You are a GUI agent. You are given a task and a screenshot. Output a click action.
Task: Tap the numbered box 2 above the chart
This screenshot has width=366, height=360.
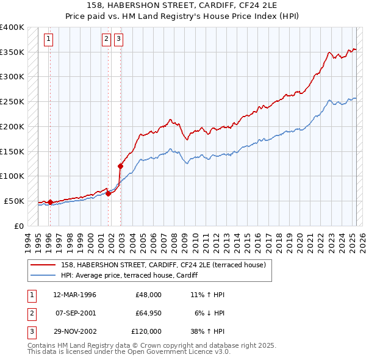click(x=106, y=39)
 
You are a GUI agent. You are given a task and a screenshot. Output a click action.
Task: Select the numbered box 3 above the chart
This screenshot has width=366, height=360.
click(x=118, y=39)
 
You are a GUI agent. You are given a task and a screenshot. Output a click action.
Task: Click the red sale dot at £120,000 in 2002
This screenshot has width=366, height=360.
click(x=120, y=166)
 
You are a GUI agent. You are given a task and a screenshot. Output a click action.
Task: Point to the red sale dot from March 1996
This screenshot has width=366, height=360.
click(x=50, y=201)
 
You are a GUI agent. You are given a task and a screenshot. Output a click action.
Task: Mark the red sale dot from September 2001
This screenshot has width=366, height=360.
click(x=108, y=193)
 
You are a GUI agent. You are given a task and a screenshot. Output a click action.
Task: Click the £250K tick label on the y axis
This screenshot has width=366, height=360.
click(x=12, y=102)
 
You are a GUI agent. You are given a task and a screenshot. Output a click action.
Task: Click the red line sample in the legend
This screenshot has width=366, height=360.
click(x=43, y=265)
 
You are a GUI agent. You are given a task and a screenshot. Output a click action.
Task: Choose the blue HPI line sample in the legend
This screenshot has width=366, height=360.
click(x=43, y=276)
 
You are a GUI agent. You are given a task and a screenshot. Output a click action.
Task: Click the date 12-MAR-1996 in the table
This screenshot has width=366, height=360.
click(x=75, y=295)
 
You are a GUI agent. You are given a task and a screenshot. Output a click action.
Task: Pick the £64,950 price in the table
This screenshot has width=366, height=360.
click(x=147, y=313)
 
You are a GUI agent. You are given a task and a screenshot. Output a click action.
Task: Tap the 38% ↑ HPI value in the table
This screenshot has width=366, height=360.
click(x=207, y=331)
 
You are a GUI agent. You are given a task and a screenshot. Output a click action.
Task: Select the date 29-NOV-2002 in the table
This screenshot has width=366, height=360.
click(x=75, y=331)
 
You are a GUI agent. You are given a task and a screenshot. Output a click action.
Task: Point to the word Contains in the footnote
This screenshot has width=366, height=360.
click(x=43, y=345)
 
